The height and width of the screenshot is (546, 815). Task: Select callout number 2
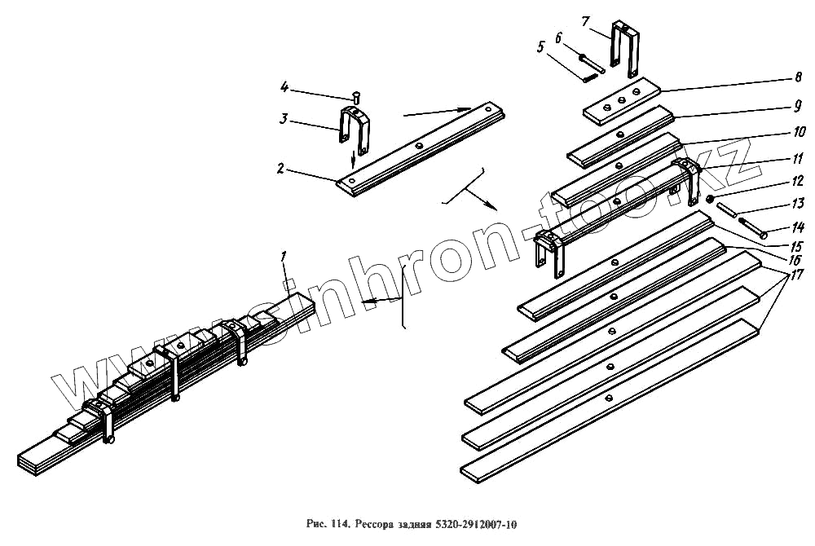(x=280, y=170)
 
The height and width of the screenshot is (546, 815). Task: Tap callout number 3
(x=283, y=119)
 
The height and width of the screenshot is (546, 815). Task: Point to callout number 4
(x=284, y=86)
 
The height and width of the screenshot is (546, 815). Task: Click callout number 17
(x=795, y=275)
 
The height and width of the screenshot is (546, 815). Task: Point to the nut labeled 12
(x=711, y=200)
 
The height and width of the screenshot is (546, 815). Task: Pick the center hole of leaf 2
(x=417, y=145)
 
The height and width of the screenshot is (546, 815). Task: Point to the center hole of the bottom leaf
(x=609, y=398)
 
